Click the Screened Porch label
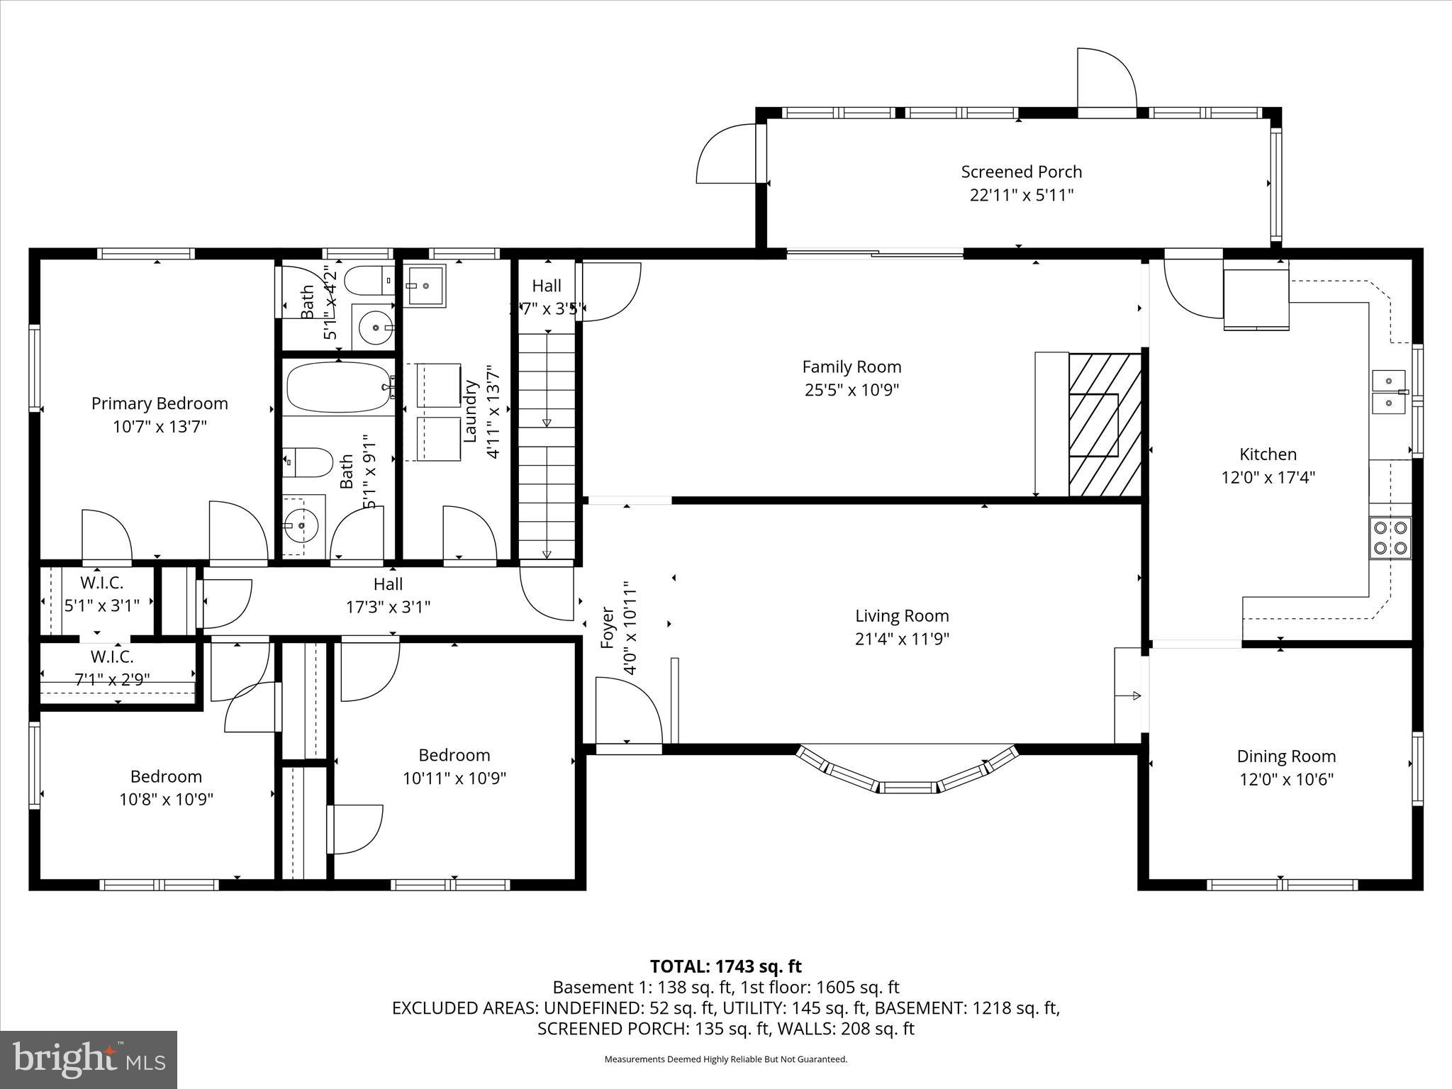pos(1021,172)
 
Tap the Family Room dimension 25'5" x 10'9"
pos(851,390)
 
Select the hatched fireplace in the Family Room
pos(1104,425)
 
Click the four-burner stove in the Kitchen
pos(1390,537)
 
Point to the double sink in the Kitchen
pos(1389,392)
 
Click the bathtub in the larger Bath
pos(339,387)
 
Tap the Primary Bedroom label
pos(160,403)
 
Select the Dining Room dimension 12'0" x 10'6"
pos(1286,779)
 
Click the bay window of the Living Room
pos(908,773)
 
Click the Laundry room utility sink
pos(425,286)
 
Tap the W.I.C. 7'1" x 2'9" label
pos(112,680)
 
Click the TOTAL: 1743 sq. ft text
pos(725,966)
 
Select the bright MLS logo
pos(89,1059)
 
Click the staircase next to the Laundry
pos(547,447)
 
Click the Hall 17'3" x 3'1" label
pos(388,596)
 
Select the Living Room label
pos(901,615)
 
